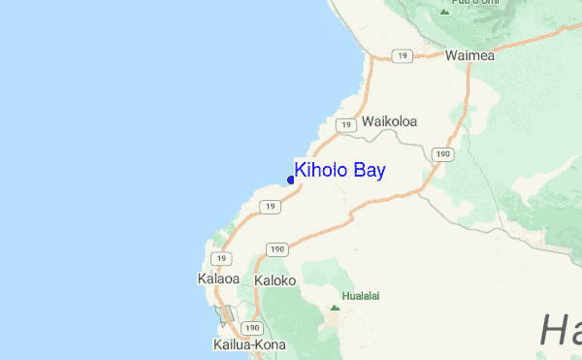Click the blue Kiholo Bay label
[x=339, y=171]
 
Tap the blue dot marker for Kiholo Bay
[x=291, y=180]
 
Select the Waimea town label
[x=469, y=55]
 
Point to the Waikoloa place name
[x=389, y=122]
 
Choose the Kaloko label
[x=274, y=280]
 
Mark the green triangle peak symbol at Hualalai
[x=335, y=308]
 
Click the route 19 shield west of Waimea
[x=402, y=57]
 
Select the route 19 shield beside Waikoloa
[x=344, y=125]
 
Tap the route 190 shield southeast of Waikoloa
[x=443, y=153]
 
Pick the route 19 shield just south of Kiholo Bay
[x=271, y=207]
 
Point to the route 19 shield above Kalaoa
[x=224, y=258]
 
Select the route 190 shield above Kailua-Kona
[x=252, y=328]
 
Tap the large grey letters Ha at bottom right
[x=560, y=330]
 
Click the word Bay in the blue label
[x=368, y=171]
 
